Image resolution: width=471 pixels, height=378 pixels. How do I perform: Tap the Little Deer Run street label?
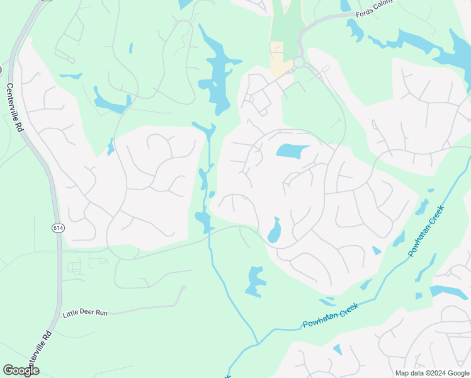(84, 313)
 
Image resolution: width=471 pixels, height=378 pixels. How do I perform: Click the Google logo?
(21, 370)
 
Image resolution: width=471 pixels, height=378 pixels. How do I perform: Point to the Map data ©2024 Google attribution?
(432, 373)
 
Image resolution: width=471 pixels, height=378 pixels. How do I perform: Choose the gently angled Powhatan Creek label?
(331, 316)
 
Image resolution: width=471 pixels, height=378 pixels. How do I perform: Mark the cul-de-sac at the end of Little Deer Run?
(184, 288)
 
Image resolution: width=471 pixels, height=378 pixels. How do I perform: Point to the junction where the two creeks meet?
(257, 343)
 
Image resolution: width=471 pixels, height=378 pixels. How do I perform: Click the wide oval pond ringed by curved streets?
(293, 151)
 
